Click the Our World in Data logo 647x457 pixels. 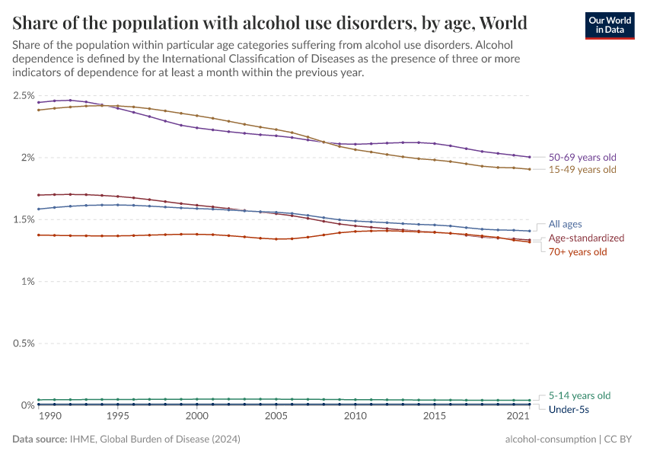coord(609,24)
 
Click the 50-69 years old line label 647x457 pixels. coord(582,157)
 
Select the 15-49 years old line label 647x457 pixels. coord(582,169)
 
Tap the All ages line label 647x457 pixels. coord(565,224)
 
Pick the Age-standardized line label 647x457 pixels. coord(586,238)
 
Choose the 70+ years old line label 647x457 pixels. coord(578,251)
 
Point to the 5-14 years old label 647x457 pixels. coord(579,395)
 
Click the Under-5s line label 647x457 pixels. coord(569,409)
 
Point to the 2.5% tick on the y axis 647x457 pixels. coord(23,95)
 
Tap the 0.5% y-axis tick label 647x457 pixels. coord(23,344)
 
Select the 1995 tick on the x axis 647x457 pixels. coord(118,417)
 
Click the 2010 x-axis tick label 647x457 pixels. coord(355,417)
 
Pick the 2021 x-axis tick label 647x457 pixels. coord(518,417)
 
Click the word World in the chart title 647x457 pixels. coord(500,21)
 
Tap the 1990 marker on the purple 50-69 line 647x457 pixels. coord(38,102)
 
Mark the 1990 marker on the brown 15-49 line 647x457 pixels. coord(38,110)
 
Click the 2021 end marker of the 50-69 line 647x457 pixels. coord(529,157)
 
